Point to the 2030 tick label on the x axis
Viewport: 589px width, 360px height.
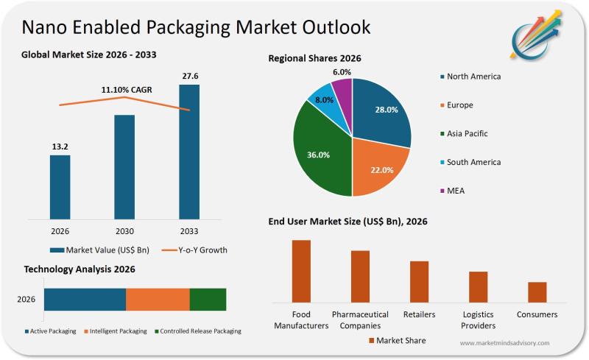[124, 230]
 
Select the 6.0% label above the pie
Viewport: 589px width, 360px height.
[342, 72]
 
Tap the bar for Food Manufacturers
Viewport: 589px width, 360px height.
[301, 271]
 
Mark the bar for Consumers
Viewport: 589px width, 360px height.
[537, 292]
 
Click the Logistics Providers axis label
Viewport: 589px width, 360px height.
[479, 320]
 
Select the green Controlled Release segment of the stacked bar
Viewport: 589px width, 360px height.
[208, 300]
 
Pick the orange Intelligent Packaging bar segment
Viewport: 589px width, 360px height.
[158, 300]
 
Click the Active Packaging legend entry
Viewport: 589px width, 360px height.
[52, 331]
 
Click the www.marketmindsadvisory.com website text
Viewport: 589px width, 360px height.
[504, 343]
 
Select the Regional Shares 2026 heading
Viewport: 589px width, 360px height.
[314, 58]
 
